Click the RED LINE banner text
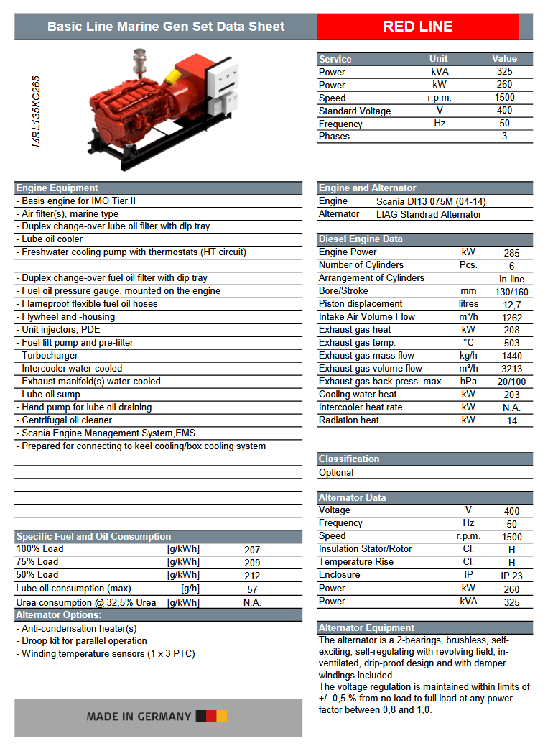click(417, 27)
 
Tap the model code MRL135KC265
click(37, 111)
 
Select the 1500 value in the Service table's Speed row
click(504, 98)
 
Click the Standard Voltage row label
click(355, 111)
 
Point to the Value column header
click(504, 59)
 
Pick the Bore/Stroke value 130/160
click(511, 292)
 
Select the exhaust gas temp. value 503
click(511, 343)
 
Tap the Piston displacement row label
click(361, 304)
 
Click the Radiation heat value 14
click(511, 420)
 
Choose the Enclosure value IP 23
click(511, 576)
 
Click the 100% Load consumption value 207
click(252, 550)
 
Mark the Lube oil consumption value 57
click(252, 589)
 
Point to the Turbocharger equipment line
click(50, 356)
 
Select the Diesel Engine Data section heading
click(361, 239)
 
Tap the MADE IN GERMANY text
click(139, 717)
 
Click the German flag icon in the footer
click(211, 716)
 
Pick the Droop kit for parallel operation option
click(83, 641)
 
